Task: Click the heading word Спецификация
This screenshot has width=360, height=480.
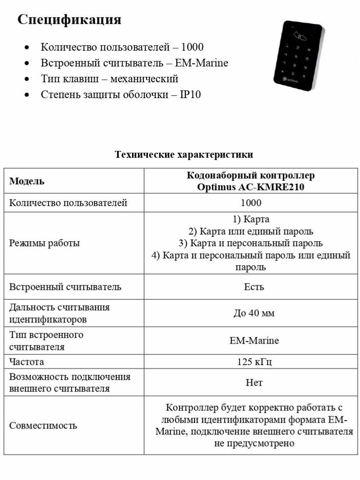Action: (x=69, y=20)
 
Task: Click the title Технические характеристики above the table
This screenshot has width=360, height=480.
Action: (x=184, y=155)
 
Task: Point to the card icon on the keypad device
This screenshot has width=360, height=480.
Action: (x=300, y=35)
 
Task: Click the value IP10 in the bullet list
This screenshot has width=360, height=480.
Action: (x=190, y=94)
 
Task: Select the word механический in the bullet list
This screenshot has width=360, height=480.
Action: (x=144, y=79)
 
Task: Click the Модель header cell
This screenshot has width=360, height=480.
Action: (x=27, y=181)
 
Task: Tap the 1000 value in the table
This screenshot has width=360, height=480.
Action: (x=251, y=203)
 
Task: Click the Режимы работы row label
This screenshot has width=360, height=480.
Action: (x=44, y=243)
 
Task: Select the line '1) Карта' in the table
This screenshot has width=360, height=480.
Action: (x=251, y=220)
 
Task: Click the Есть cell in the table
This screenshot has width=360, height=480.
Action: (x=254, y=287)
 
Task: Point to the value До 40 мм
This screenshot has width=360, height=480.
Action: (x=254, y=313)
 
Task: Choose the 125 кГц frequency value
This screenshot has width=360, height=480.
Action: (x=254, y=362)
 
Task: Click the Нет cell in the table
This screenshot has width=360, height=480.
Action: (x=254, y=383)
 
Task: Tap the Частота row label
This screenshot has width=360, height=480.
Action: (x=27, y=362)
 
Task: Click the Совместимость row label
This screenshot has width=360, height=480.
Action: (x=43, y=425)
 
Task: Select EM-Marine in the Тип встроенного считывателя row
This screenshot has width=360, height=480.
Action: (x=254, y=340)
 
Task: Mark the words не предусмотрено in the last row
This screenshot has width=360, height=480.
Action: (x=254, y=443)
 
